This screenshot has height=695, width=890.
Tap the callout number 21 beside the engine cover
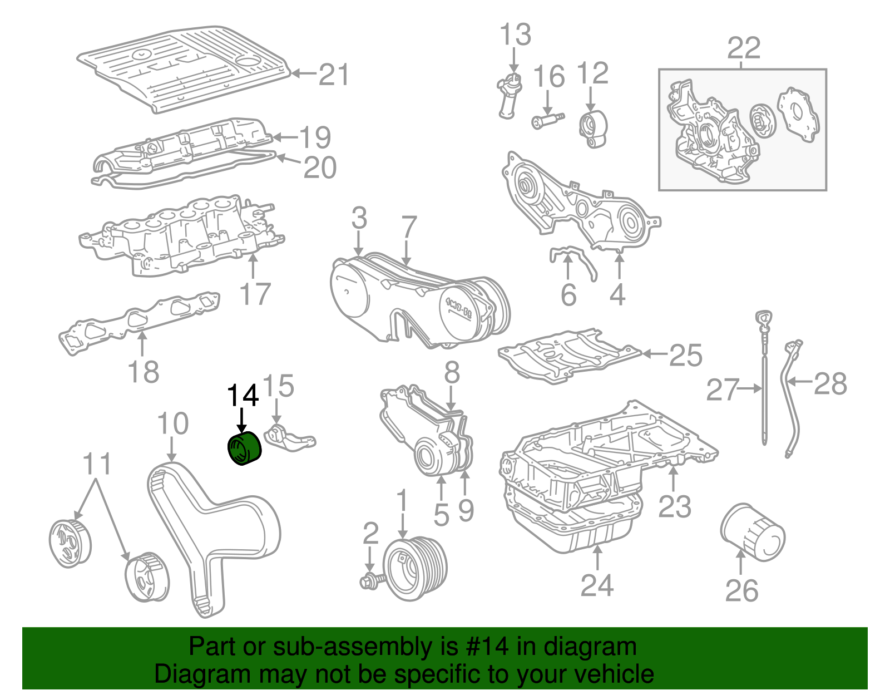pos(334,75)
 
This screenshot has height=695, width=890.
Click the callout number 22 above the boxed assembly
pos(743,48)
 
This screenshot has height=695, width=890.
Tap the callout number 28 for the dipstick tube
pos(830,384)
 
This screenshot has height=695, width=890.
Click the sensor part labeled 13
pos(510,95)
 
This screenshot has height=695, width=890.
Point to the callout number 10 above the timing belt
pos(173,424)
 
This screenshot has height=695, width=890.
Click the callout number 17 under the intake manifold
pos(255,294)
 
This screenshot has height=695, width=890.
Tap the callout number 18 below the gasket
pos(143,372)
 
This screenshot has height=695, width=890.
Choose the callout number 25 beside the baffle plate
pos(685,355)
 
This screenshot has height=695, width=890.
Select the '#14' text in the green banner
pos(484,647)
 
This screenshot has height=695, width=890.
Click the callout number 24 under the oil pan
pos(597,585)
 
